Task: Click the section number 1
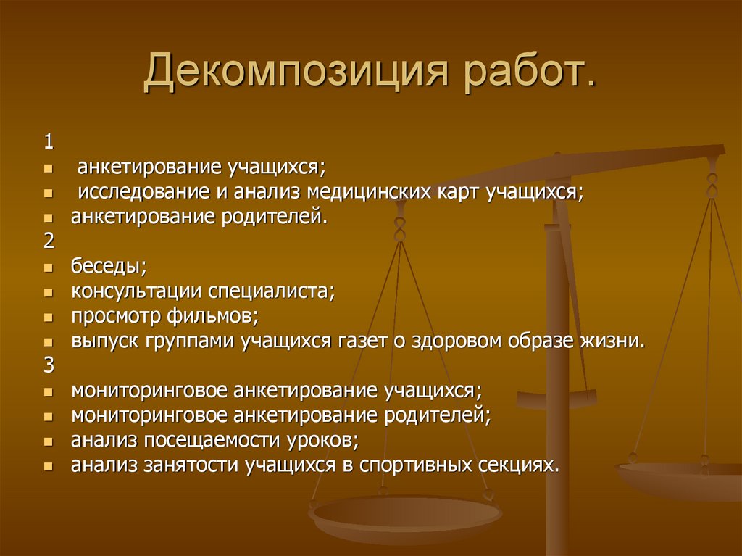click(x=48, y=141)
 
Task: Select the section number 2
click(x=49, y=240)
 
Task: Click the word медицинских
click(x=369, y=192)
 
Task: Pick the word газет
click(x=361, y=341)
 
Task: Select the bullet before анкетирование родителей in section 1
click(x=48, y=217)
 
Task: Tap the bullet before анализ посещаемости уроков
click(x=48, y=441)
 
